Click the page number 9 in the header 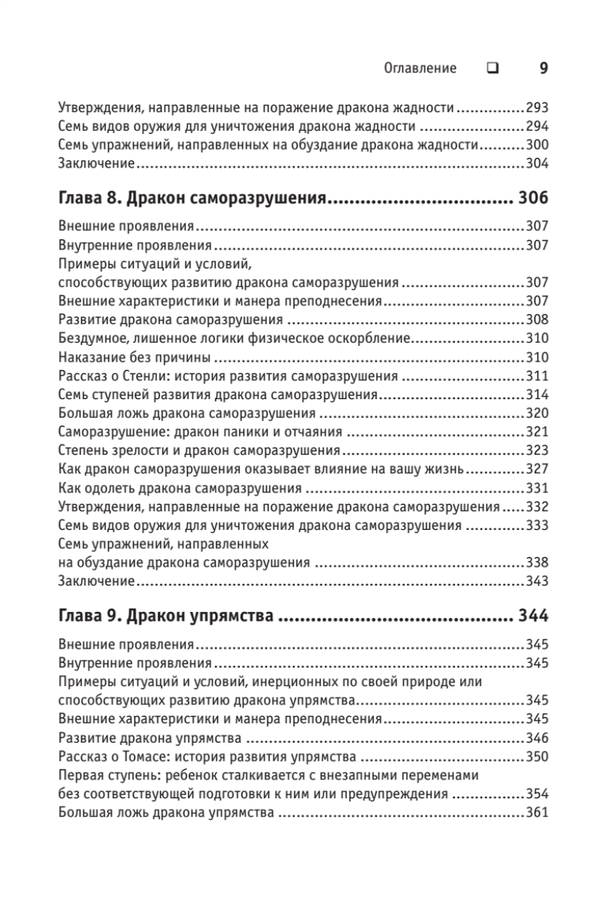pyautogui.click(x=543, y=68)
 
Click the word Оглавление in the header pyautogui.click(x=420, y=68)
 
